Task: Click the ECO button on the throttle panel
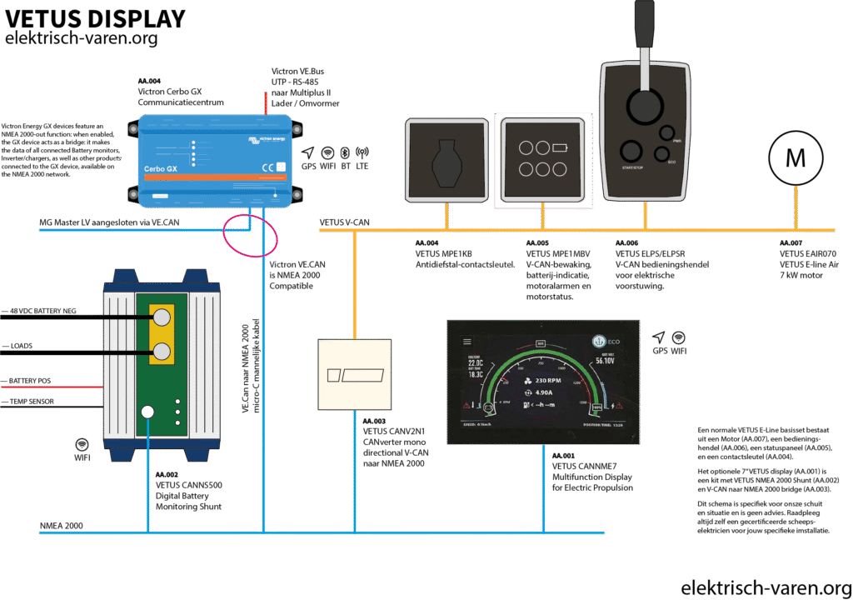661,153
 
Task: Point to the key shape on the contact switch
446,162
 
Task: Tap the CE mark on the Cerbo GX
268,165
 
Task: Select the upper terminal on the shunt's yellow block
161,316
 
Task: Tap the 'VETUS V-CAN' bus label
345,222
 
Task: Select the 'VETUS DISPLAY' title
95,17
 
